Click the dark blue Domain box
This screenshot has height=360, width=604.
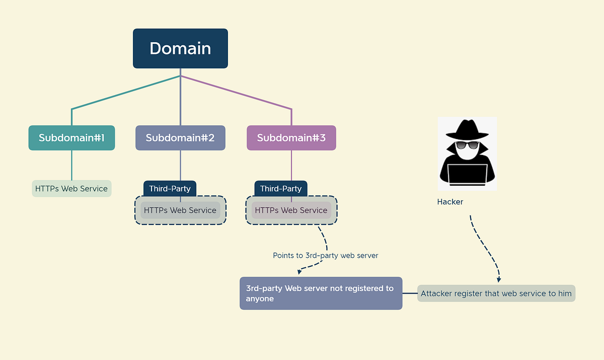(180, 48)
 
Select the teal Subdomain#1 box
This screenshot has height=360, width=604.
(71, 138)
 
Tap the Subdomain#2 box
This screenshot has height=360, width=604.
(180, 138)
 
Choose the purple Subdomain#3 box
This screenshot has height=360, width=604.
(291, 138)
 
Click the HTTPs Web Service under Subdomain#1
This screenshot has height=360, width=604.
(71, 189)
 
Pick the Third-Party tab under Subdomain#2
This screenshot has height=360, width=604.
(170, 189)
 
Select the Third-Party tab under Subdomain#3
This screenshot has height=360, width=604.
(281, 189)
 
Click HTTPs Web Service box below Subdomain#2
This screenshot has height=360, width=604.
(180, 210)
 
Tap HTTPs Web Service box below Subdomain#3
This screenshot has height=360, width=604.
(291, 210)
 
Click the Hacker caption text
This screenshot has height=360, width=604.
(450, 202)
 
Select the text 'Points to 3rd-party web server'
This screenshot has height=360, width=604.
(325, 256)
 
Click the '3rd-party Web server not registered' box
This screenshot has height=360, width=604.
(321, 294)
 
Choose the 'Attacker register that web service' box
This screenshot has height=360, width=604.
(496, 294)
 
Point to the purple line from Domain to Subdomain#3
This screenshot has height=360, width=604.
(237, 92)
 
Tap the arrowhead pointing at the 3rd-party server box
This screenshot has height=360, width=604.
(300, 272)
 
